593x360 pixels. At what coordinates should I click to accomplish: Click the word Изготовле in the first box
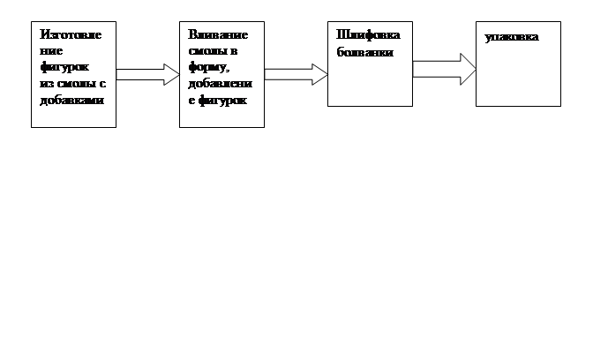coord(70,34)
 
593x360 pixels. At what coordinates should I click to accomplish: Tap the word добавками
coord(71,101)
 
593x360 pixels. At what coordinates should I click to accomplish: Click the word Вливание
coord(217,34)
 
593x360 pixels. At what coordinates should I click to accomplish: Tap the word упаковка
coord(511,38)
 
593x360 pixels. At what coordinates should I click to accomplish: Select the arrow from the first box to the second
coord(147,74)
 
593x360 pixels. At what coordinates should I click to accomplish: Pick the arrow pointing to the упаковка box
coord(444,69)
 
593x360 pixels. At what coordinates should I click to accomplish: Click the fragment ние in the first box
coord(51,51)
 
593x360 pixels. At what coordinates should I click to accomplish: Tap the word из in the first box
coord(46,85)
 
